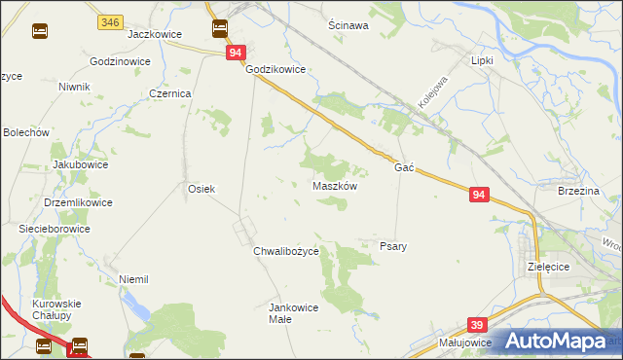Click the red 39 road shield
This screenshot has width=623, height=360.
pyautogui.click(x=476, y=324)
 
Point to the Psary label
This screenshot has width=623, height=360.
pyautogui.click(x=392, y=247)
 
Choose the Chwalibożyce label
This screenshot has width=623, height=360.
pyautogui.click(x=286, y=252)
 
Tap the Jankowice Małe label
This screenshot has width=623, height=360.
pyautogui.click(x=293, y=313)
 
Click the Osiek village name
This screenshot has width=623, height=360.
pyautogui.click(x=201, y=189)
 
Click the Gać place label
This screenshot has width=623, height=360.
pyautogui.click(x=405, y=168)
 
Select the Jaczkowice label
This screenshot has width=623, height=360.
pyautogui.click(x=156, y=34)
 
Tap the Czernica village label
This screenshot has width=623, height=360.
pyautogui.click(x=170, y=93)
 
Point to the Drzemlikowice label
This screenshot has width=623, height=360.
pyautogui.click(x=79, y=202)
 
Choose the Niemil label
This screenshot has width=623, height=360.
pyautogui.click(x=132, y=279)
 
